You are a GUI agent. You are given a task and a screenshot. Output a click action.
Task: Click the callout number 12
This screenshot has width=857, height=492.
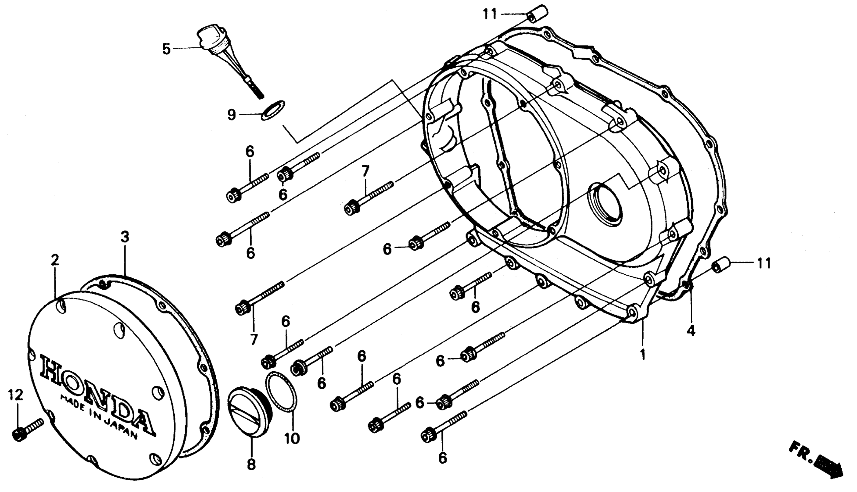[x=16, y=395]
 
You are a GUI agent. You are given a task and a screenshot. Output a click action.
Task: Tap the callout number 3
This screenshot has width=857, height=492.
[x=125, y=237]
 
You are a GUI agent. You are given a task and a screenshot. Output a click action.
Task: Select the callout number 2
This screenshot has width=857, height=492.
[x=55, y=260]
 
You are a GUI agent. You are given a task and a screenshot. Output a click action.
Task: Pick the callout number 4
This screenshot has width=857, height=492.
[x=691, y=330]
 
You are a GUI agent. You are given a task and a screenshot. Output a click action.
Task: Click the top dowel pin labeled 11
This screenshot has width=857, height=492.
[x=538, y=13]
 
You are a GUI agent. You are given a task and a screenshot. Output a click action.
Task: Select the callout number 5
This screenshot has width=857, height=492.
[x=166, y=49]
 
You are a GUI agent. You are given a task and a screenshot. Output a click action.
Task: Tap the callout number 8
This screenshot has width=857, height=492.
[x=251, y=464]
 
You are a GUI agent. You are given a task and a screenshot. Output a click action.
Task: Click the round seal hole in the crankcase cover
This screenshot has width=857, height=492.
[x=605, y=204]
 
